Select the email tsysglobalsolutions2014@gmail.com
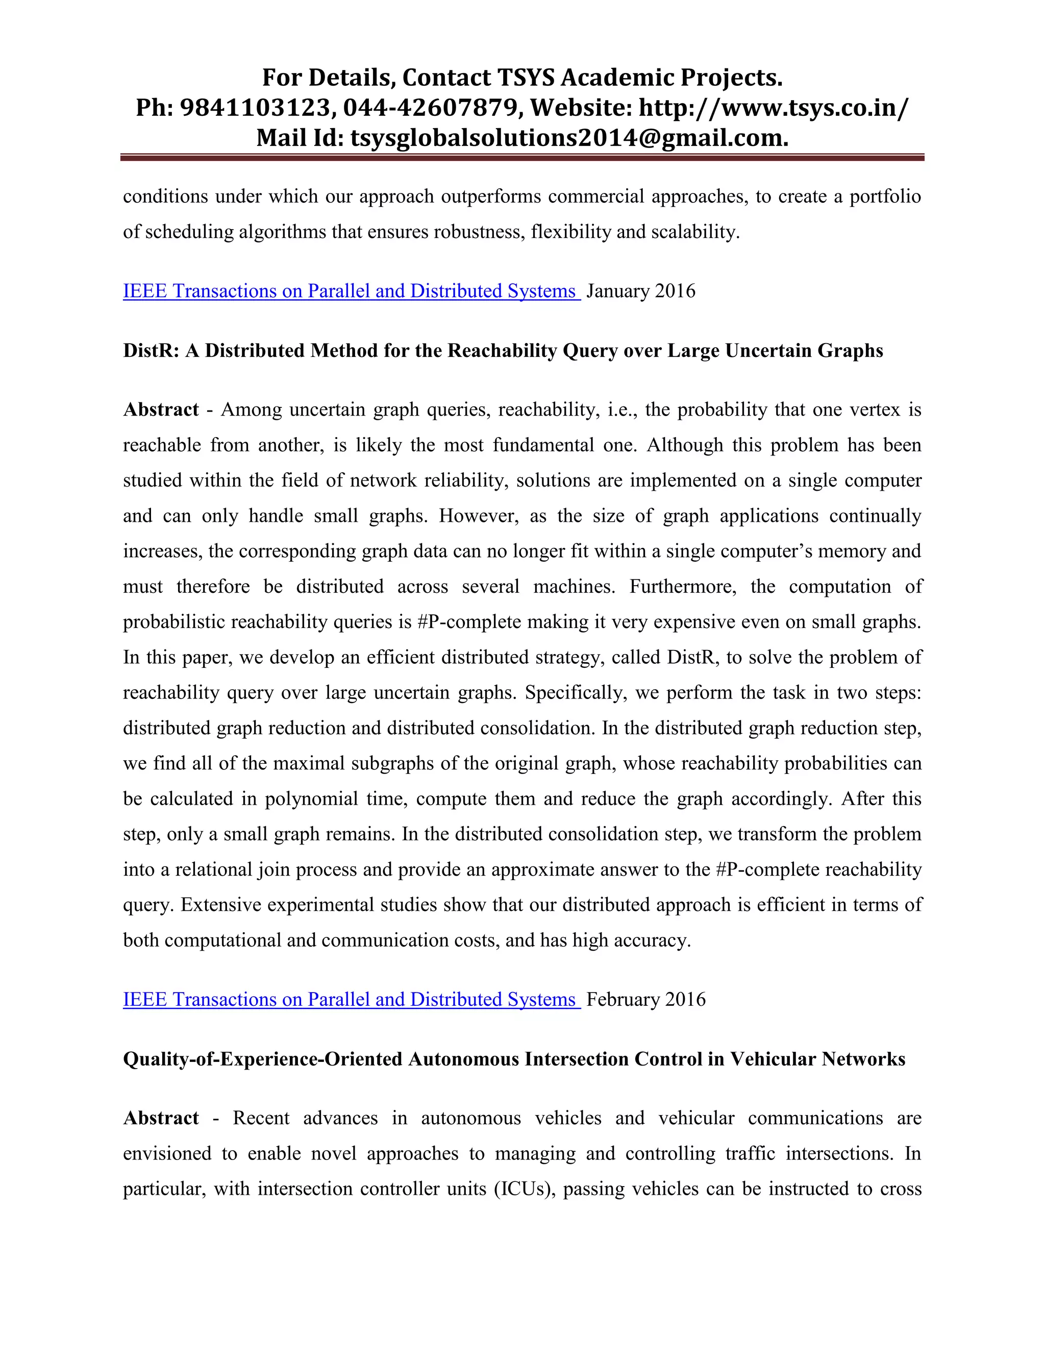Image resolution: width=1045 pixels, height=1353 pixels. (x=569, y=137)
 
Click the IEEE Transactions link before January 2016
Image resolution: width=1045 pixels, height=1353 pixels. (x=351, y=291)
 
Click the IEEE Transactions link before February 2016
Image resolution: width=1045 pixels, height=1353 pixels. (x=351, y=999)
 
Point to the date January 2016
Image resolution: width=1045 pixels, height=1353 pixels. (x=641, y=291)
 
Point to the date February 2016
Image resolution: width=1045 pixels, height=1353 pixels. (x=645, y=999)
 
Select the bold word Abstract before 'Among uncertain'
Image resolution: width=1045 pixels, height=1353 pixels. (x=161, y=409)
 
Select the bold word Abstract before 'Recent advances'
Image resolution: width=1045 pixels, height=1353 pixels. (x=161, y=1118)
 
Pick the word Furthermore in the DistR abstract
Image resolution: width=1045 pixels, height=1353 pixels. (x=682, y=587)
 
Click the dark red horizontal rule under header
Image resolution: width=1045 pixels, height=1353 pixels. (x=522, y=158)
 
